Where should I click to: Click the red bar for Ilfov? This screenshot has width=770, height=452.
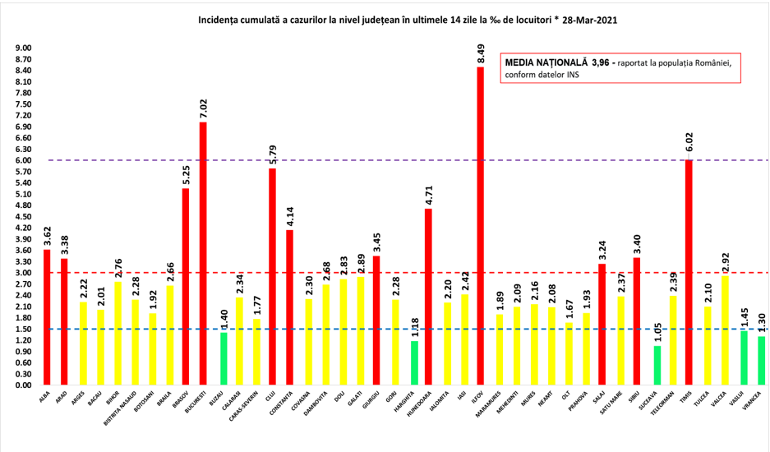pyautogui.click(x=481, y=226)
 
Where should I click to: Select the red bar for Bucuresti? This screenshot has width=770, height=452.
pyautogui.click(x=202, y=253)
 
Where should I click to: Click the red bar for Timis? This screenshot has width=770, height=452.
pyautogui.click(x=689, y=272)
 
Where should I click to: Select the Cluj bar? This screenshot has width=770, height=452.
pyautogui.click(x=272, y=276)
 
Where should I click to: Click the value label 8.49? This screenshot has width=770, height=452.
pyautogui.click(x=482, y=53)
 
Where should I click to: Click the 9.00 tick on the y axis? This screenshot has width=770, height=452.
pyautogui.click(x=23, y=48)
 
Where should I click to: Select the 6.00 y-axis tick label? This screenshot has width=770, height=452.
pyautogui.click(x=23, y=160)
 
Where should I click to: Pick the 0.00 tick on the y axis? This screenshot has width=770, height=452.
pyautogui.click(x=23, y=385)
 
